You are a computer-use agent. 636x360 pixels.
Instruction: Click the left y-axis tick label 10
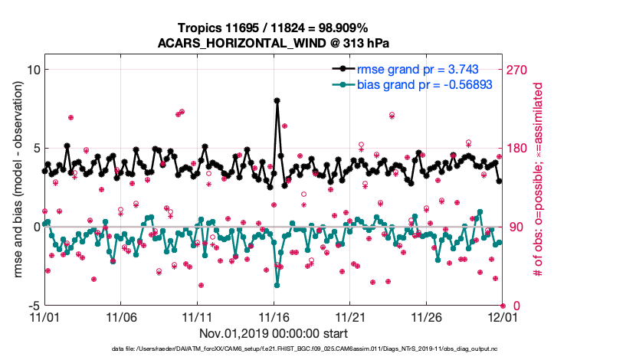point(31,70)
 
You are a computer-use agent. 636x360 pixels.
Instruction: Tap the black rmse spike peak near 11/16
point(276,100)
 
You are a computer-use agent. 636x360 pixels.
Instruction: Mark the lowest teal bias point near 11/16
point(276,284)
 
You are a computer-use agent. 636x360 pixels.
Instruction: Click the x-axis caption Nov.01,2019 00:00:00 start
point(273,333)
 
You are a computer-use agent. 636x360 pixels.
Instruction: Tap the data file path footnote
point(273,349)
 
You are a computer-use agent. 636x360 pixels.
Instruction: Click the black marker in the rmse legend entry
point(339,69)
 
